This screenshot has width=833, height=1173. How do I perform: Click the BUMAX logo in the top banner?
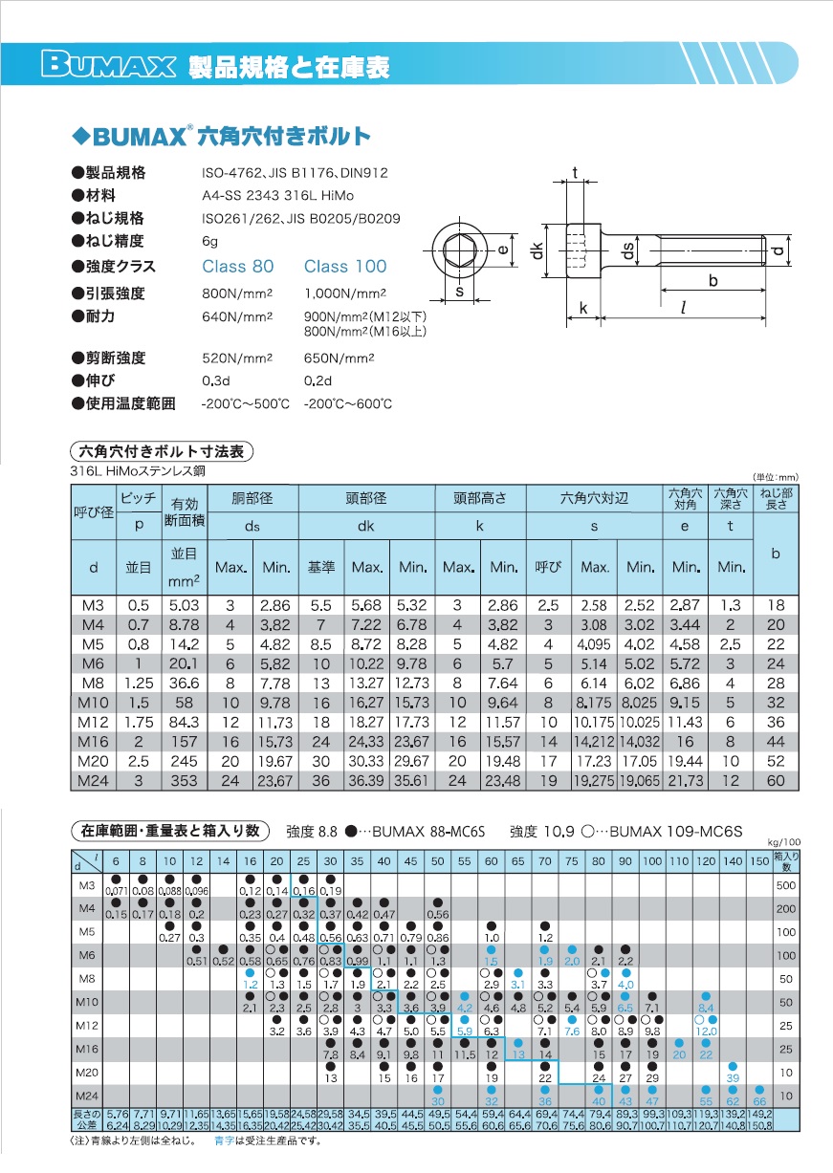(108, 66)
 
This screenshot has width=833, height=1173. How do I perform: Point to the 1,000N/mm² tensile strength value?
(344, 293)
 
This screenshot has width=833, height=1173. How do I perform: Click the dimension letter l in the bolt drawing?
(683, 307)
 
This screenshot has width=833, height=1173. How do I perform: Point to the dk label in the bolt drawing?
(539, 250)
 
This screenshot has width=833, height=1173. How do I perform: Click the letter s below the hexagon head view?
(459, 293)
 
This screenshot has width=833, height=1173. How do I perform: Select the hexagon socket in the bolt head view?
(459, 250)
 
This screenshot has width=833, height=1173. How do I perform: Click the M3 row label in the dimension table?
(93, 606)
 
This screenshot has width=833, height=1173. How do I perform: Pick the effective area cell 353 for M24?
(184, 781)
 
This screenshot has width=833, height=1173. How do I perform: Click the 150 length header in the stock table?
(759, 861)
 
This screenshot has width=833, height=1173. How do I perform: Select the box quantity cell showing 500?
(785, 885)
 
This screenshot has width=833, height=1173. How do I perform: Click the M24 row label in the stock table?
(86, 1095)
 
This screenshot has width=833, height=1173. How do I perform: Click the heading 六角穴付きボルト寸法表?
(162, 451)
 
